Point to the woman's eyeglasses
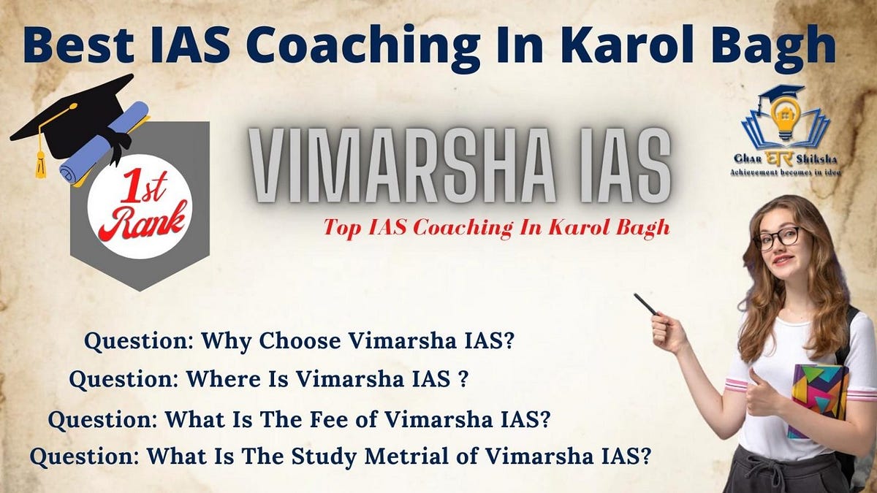pos(778,238)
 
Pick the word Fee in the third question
pos(343,419)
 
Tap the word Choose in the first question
pos(302,340)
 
